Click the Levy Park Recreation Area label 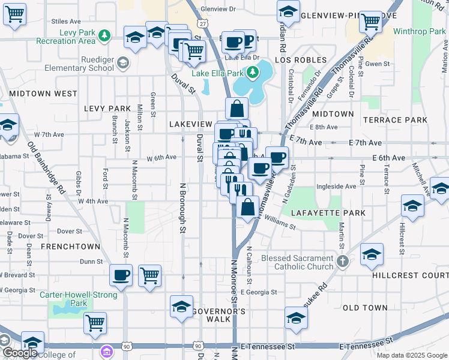[x=57, y=36]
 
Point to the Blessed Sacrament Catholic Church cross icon [x=342, y=261]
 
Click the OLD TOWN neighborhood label [x=365, y=308]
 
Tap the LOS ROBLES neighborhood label [x=301, y=61]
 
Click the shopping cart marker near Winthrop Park [x=370, y=22]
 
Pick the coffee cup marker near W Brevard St [x=121, y=275]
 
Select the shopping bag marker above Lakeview [x=237, y=109]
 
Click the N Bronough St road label [x=183, y=202]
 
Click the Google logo [x=20, y=353]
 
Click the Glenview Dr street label [x=219, y=9]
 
